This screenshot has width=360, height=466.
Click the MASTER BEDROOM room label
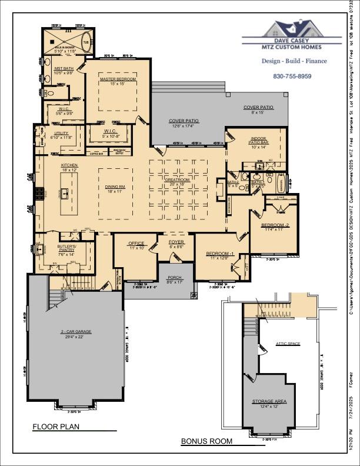(x=118, y=79)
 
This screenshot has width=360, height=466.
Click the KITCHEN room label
(x=69, y=166)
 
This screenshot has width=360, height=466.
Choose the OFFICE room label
(x=136, y=244)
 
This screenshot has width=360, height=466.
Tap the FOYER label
(x=176, y=242)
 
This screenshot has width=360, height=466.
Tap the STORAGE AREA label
(x=269, y=401)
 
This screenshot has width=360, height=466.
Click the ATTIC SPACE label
(x=288, y=344)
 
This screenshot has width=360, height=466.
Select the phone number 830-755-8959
(x=292, y=76)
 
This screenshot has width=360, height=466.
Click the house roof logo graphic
(x=292, y=29)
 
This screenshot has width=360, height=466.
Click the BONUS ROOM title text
(x=206, y=441)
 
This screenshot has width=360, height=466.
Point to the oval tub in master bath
(x=86, y=45)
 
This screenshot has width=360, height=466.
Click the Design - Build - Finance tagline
(x=292, y=61)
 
